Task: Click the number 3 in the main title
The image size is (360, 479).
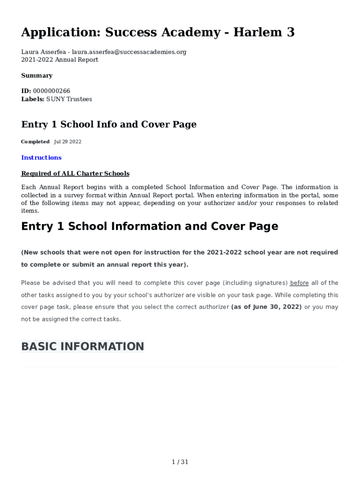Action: [x=290, y=32]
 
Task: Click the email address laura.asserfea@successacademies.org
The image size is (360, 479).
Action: [x=129, y=52]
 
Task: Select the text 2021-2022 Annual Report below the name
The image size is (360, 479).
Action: [x=60, y=60]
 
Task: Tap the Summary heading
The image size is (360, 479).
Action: [x=36, y=75]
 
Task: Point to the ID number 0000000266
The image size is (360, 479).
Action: [x=51, y=91]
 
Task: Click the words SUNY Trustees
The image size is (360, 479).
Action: [x=69, y=99]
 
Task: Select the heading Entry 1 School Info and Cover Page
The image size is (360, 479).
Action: [x=108, y=124]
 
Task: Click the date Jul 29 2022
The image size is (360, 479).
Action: [x=68, y=142]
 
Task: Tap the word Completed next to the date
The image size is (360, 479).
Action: [x=35, y=142]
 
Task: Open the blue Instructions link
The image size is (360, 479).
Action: [x=41, y=158]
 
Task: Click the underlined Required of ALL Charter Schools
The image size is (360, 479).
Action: [x=75, y=174]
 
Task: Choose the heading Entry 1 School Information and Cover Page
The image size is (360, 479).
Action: [x=150, y=226]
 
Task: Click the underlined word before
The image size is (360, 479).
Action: [x=299, y=283]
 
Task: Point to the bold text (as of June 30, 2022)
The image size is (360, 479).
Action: [x=266, y=307]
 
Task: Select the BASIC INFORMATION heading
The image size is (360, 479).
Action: [x=82, y=347]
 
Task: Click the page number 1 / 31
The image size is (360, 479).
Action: [x=180, y=462]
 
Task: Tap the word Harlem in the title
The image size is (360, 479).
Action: [x=256, y=32]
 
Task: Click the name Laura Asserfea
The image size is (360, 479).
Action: [x=44, y=52]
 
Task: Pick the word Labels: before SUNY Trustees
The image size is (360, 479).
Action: [x=33, y=99]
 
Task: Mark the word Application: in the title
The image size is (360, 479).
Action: [x=60, y=32]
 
